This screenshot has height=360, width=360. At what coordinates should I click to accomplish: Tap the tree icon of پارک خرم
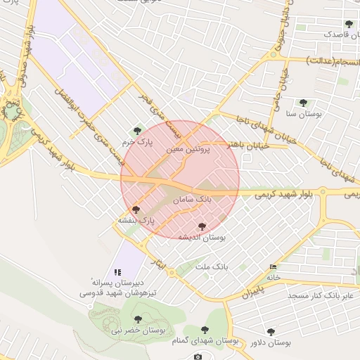[137, 130]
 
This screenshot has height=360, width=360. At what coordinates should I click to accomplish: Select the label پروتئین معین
[190, 150]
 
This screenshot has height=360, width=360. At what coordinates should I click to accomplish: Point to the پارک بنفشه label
[136, 220]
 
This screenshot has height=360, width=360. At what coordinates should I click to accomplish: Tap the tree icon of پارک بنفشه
[136, 210]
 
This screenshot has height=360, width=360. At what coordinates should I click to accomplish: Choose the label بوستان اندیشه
[201, 238]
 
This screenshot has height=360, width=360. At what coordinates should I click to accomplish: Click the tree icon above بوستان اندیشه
[202, 227]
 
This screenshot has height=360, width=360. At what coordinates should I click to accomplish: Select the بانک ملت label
[212, 267]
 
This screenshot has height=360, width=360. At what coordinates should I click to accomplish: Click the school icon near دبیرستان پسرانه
[118, 271]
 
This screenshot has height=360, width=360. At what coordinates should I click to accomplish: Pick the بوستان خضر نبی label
[138, 330]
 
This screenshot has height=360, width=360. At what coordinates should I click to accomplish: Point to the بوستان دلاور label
[269, 342]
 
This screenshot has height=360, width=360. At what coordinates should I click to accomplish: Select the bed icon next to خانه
[273, 267]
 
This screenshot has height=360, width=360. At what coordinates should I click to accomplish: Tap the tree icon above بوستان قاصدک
[349, 24]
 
